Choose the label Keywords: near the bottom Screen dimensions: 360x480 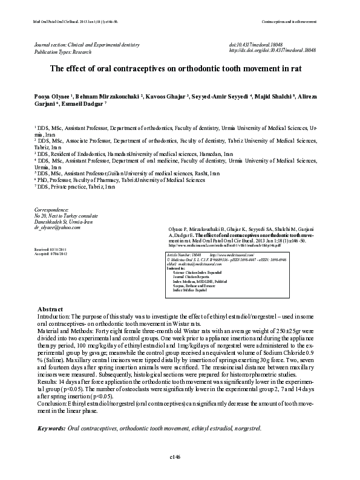pyautogui.click(x=51, y=428)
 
